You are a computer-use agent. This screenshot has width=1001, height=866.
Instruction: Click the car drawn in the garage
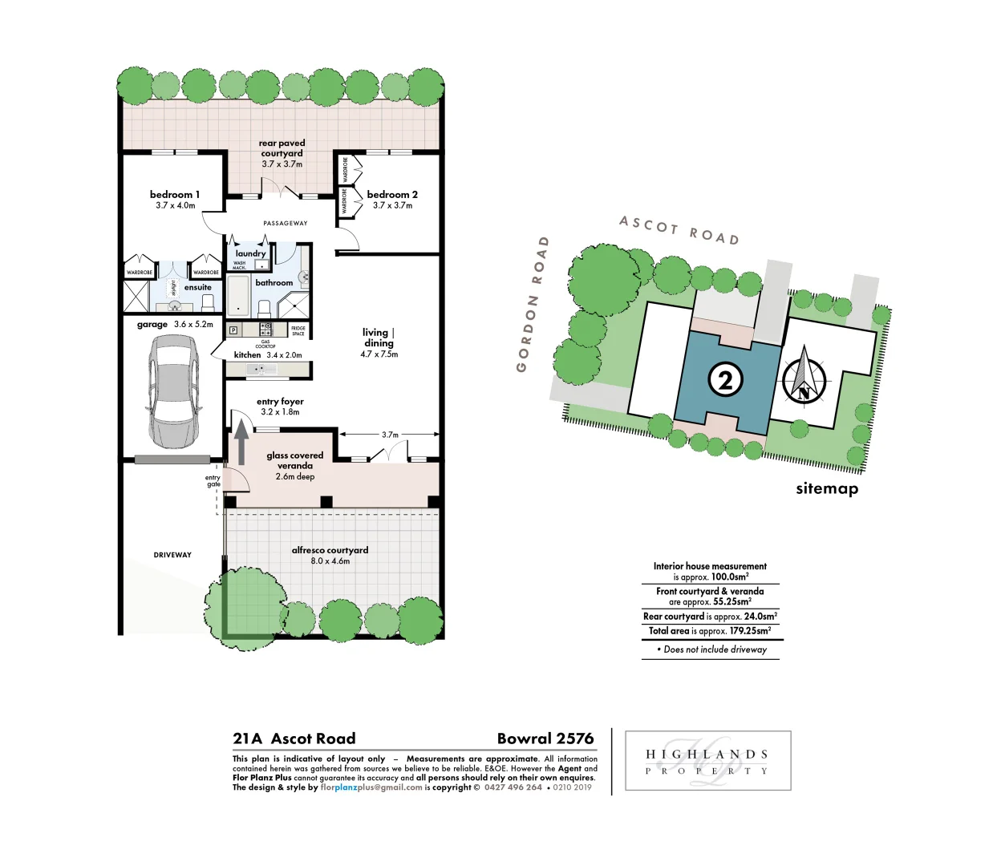pyautogui.click(x=174, y=391)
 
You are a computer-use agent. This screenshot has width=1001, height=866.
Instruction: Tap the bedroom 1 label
pyautogui.click(x=175, y=195)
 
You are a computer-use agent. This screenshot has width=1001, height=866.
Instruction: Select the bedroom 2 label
pyautogui.click(x=392, y=195)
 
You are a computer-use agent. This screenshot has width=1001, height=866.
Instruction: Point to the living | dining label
pyautogui.click(x=379, y=338)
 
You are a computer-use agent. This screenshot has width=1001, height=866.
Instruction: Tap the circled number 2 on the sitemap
pyautogui.click(x=725, y=379)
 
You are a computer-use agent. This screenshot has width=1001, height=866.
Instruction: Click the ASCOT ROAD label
pyautogui.click(x=679, y=230)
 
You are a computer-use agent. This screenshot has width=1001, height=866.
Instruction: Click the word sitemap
pyautogui.click(x=827, y=488)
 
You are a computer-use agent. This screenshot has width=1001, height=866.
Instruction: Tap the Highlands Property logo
pyautogui.click(x=707, y=761)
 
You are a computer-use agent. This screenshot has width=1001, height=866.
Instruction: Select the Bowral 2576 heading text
pyautogui.click(x=545, y=739)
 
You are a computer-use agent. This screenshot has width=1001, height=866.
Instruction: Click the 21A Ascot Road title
pyautogui.click(x=294, y=739)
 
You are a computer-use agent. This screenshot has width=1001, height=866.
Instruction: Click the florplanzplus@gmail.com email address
pyautogui.click(x=371, y=787)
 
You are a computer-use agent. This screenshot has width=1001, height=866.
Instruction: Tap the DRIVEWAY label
pyautogui.click(x=172, y=555)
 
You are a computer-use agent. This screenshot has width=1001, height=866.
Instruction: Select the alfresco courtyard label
pyautogui.click(x=330, y=550)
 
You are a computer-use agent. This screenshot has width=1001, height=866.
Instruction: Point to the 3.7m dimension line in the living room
pyautogui.click(x=390, y=435)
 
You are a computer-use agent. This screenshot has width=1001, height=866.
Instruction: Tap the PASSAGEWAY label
pyautogui.click(x=286, y=224)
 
